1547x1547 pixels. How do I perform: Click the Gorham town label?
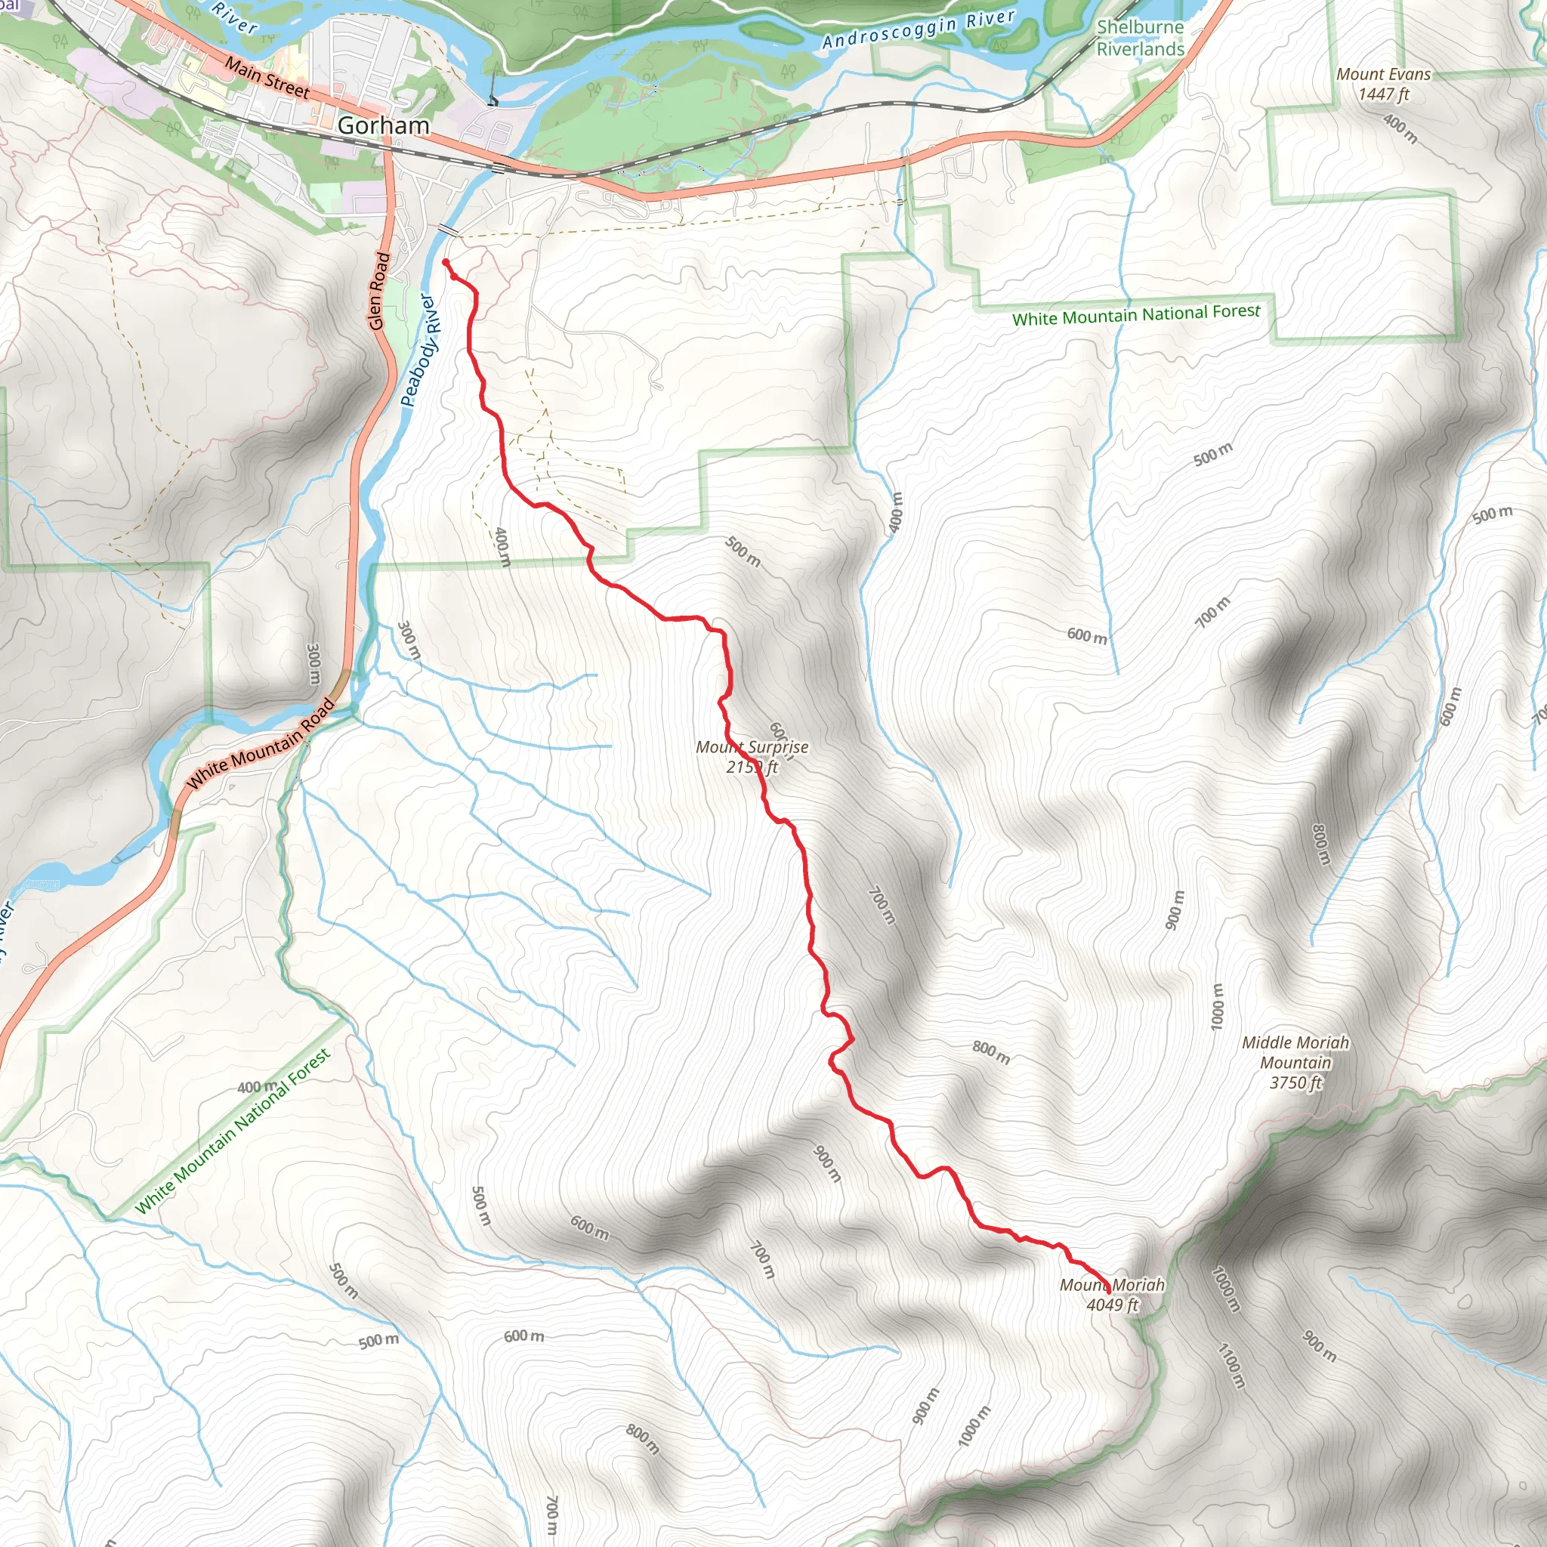pos(383,125)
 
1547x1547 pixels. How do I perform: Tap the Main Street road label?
pos(267,78)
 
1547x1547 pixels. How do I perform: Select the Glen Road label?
pos(379,292)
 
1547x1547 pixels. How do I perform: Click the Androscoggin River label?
pos(919,29)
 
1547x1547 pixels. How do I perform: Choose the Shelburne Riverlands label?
pos(1139,38)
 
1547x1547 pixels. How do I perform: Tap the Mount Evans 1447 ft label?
pos(1383,84)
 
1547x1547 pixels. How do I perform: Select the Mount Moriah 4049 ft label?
pos(1111,1295)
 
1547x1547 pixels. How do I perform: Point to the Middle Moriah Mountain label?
pos(1295,1062)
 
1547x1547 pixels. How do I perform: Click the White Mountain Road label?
pos(261,744)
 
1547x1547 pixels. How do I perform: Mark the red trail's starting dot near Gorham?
pos(445,262)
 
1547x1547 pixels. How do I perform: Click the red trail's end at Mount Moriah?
pos(1108,1291)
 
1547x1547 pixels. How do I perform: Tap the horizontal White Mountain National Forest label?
pos(1135,315)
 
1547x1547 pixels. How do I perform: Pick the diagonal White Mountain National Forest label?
pos(232,1132)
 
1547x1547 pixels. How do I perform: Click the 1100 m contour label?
pos(1231,1366)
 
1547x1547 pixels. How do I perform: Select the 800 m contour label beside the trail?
pos(990,1052)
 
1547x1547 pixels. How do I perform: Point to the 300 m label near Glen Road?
pos(313,664)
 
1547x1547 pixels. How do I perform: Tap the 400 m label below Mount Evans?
pos(1400,129)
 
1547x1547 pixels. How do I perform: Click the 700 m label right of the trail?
pos(882,906)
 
